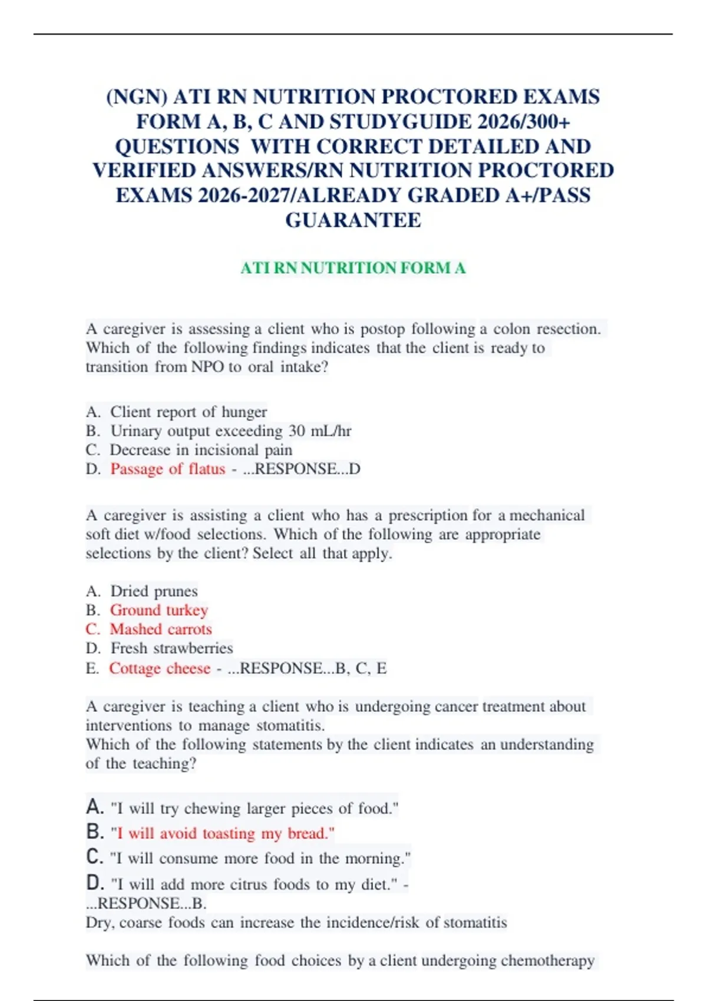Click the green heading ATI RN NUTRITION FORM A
(x=353, y=268)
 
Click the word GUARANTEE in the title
(x=353, y=220)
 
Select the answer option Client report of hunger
(x=189, y=412)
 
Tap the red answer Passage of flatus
(x=168, y=469)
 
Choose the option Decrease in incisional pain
(x=201, y=450)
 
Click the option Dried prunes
(x=154, y=591)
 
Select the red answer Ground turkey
(x=159, y=610)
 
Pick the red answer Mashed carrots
(x=161, y=629)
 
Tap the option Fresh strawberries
(x=171, y=648)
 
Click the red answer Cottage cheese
(x=160, y=668)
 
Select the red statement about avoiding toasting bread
(x=223, y=833)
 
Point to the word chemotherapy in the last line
(x=547, y=960)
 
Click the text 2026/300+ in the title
(x=524, y=122)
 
